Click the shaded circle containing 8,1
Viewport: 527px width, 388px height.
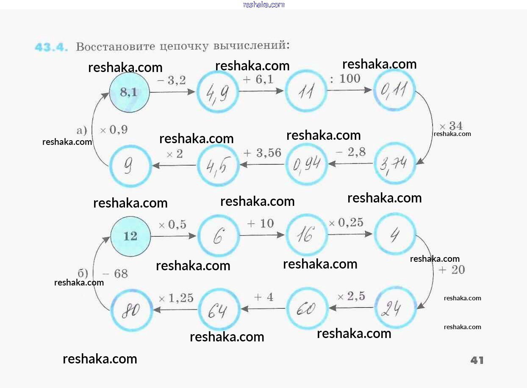pyautogui.click(x=129, y=92)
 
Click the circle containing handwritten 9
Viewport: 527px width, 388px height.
pyautogui.click(x=130, y=166)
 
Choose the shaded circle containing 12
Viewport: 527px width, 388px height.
pyautogui.click(x=130, y=236)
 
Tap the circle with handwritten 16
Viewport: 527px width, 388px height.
pyautogui.click(x=306, y=235)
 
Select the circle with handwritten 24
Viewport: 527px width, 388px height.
pyautogui.click(x=395, y=308)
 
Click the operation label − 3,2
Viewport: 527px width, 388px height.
pyautogui.click(x=171, y=80)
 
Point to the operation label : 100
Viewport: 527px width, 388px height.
pyautogui.click(x=345, y=78)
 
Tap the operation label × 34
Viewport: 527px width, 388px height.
pyautogui.click(x=451, y=126)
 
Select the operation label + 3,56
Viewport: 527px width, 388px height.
pyautogui.click(x=263, y=153)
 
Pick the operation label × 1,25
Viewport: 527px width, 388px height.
pyautogui.click(x=176, y=298)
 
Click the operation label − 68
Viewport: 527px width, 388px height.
pyautogui.click(x=115, y=274)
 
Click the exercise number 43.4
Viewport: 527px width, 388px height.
pyautogui.click(x=51, y=47)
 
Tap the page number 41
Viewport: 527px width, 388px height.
pyautogui.click(x=477, y=360)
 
